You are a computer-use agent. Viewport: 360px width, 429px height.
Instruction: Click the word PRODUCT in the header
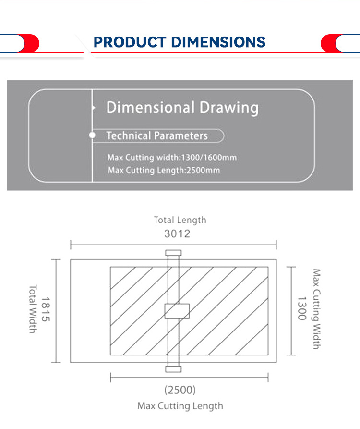point(130,42)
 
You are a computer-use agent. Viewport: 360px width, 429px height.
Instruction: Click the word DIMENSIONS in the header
point(218,42)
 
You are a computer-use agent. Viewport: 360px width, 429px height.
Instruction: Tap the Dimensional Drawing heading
point(182,108)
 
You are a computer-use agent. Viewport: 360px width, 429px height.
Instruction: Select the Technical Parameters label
point(157,135)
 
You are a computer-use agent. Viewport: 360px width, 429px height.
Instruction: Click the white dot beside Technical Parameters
point(92,135)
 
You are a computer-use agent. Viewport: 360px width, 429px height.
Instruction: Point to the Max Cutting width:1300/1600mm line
point(172,158)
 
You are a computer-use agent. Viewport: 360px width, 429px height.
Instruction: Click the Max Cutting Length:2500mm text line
point(164,170)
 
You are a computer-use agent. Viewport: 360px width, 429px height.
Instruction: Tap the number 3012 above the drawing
point(177,234)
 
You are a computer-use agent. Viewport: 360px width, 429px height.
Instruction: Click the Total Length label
point(180,220)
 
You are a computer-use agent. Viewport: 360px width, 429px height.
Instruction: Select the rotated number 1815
point(46,309)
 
